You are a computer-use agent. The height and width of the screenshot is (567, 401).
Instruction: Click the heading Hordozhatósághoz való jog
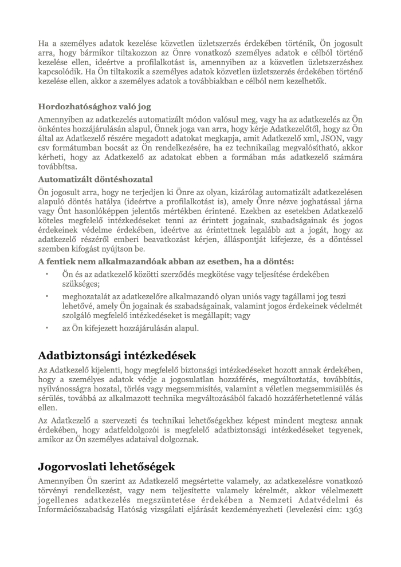(x=95, y=106)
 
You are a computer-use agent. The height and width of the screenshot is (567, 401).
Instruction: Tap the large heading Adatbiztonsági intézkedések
(x=117, y=355)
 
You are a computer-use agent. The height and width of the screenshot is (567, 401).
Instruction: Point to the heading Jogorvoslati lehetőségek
(x=107, y=466)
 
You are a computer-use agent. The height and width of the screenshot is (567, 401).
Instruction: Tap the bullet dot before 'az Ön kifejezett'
(x=46, y=328)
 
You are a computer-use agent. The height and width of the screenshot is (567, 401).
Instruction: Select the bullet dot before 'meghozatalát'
(x=46, y=296)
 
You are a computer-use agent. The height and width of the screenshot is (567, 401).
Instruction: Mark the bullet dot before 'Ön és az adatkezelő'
(x=46, y=275)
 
